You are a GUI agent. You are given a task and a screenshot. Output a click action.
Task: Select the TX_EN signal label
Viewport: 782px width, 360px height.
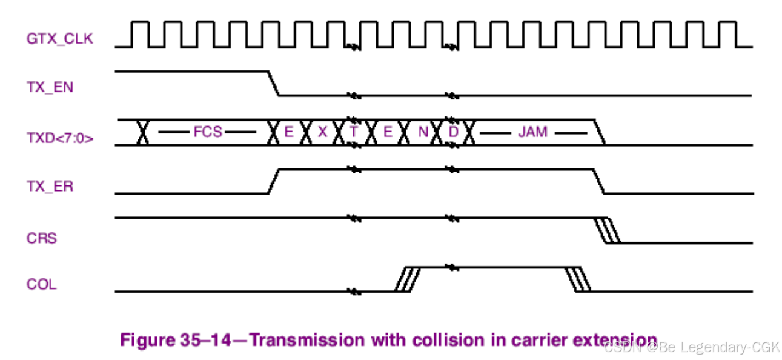pos(50,87)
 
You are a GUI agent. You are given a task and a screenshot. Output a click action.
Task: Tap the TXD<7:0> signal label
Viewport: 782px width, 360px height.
pos(60,138)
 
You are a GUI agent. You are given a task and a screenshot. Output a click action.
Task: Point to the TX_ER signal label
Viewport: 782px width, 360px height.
pos(50,186)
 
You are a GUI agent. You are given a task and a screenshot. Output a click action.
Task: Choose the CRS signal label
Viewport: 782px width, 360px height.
pos(41,238)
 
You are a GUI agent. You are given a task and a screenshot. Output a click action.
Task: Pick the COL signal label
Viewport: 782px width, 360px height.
pos(41,284)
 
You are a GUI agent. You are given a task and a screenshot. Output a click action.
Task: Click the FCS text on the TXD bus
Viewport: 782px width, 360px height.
pos(208,132)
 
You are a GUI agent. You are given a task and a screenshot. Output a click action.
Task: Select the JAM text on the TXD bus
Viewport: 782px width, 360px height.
pos(532,132)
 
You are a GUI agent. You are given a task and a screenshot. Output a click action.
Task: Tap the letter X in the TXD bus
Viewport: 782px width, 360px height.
pos(322,132)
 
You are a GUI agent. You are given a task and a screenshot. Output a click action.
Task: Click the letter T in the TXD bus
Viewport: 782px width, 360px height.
pos(354,132)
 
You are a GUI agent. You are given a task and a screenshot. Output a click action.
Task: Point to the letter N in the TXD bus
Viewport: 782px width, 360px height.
pos(422,132)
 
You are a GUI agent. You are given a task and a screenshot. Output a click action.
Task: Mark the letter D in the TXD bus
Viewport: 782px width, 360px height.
pos(454,132)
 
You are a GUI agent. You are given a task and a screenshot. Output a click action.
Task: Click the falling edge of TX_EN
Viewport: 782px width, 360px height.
pos(274,83)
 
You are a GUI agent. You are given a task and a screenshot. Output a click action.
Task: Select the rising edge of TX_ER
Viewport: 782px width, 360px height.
pos(274,181)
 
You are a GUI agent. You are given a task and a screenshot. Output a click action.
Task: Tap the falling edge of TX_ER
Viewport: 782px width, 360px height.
pos(599,181)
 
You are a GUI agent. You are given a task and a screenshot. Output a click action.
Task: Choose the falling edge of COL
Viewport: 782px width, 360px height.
pos(578,279)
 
